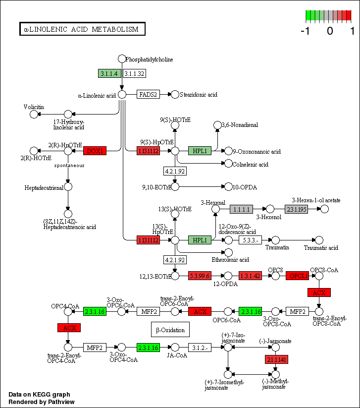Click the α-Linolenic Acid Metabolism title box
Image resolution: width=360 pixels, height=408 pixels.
pyautogui.click(x=82, y=29)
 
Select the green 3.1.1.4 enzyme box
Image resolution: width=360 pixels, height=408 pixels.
pyautogui.click(x=109, y=74)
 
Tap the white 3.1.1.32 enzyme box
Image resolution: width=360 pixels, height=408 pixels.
pyautogui.click(x=134, y=74)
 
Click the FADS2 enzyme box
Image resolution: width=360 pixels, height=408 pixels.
pyautogui.click(x=148, y=94)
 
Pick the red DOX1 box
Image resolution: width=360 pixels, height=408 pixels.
pyautogui.click(x=95, y=151)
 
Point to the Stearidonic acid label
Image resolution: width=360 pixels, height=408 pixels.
pyautogui.click(x=199, y=94)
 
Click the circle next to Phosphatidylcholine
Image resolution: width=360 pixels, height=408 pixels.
pyautogui.click(x=121, y=59)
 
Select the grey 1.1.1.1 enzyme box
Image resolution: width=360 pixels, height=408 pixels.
pyautogui.click(x=241, y=209)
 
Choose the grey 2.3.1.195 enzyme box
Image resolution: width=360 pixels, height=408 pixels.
pyautogui.click(x=296, y=209)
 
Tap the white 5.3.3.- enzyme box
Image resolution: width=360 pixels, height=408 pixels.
pyautogui.click(x=250, y=240)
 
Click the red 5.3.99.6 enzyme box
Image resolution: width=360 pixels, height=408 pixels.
pyautogui.click(x=200, y=276)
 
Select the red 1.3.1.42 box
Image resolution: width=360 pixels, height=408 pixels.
pyautogui.click(x=250, y=276)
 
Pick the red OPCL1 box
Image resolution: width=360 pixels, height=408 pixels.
pyautogui.click(x=298, y=276)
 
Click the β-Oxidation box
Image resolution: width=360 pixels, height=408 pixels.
pyautogui.click(x=170, y=330)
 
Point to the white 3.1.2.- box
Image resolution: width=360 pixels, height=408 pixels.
pyautogui.click(x=200, y=347)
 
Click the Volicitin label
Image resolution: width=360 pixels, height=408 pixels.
pyautogui.click(x=34, y=107)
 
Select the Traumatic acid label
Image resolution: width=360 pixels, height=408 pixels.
pyautogui.click(x=321, y=247)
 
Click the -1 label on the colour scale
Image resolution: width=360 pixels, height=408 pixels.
pyautogui.click(x=306, y=31)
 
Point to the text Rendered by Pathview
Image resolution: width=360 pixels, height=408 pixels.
pyautogui.click(x=42, y=402)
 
